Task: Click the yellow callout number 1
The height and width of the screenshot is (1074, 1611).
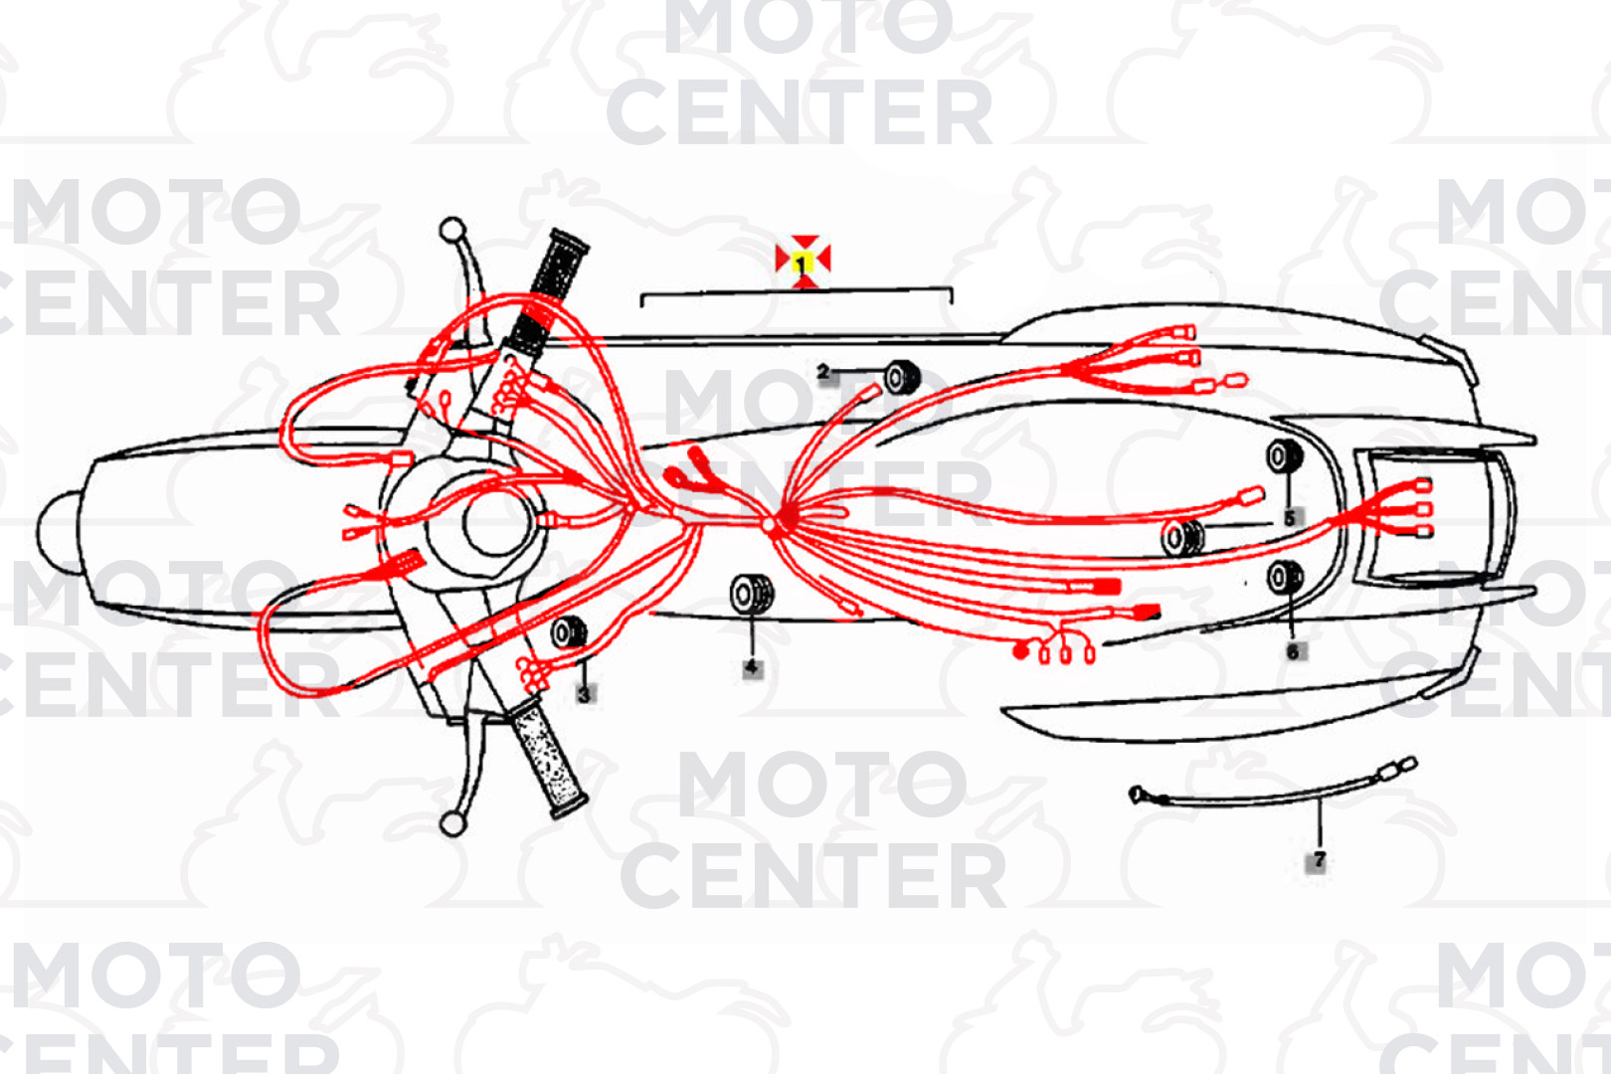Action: pos(803,264)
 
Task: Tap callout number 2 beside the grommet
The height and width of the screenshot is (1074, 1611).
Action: pos(824,372)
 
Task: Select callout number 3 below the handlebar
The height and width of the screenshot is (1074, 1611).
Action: pos(585,694)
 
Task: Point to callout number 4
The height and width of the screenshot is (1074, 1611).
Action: pos(752,667)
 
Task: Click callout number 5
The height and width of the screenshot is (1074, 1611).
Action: pos(1290,517)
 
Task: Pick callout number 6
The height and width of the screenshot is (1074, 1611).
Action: pos(1293,651)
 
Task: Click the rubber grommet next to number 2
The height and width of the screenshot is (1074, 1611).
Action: pos(902,377)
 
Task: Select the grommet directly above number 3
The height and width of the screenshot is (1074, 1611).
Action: pos(569,632)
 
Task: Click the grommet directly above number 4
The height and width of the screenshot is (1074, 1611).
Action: pos(752,595)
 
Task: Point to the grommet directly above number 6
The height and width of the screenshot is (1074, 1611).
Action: pos(1285,577)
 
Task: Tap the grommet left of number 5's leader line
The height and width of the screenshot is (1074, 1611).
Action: pos(1182,537)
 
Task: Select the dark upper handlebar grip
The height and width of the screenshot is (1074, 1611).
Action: pos(550,291)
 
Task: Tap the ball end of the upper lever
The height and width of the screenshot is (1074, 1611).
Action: pos(452,230)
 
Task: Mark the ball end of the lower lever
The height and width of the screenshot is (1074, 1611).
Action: pos(452,823)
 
